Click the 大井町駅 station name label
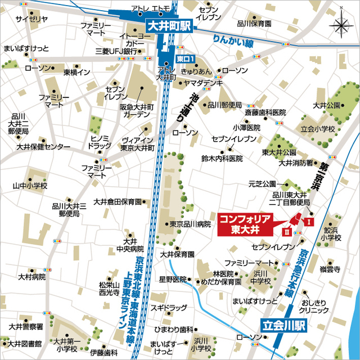(x=169, y=26)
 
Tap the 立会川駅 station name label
(x=286, y=325)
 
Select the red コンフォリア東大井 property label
(x=245, y=222)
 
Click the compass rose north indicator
(x=341, y=25)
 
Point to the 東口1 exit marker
(x=185, y=58)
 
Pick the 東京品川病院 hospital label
(x=191, y=224)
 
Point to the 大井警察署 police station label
(x=26, y=326)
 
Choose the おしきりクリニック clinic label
(x=314, y=306)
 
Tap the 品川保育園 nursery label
(x=254, y=24)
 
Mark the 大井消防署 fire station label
(x=296, y=163)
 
